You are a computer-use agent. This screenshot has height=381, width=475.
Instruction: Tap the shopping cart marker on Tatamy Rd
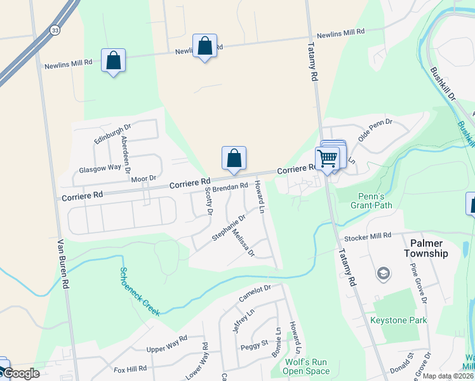pyautogui.click(x=327, y=157)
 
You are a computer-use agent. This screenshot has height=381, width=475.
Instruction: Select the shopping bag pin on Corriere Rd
pyautogui.click(x=234, y=157)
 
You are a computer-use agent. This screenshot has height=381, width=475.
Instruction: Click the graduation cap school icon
pyautogui.click(x=383, y=274)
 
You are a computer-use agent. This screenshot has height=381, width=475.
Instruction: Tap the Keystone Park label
pyautogui.click(x=399, y=321)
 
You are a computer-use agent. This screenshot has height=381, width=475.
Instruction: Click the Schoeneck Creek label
pyautogui.click(x=138, y=290)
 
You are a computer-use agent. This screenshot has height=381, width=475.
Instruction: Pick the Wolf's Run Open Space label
pyautogui.click(x=306, y=367)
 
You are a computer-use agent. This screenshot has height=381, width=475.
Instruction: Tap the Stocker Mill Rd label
pyautogui.click(x=368, y=236)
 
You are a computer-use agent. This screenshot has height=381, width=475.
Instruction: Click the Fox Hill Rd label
pyautogui.click(x=130, y=368)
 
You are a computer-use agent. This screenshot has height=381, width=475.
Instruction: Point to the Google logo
pyautogui.click(x=20, y=373)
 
